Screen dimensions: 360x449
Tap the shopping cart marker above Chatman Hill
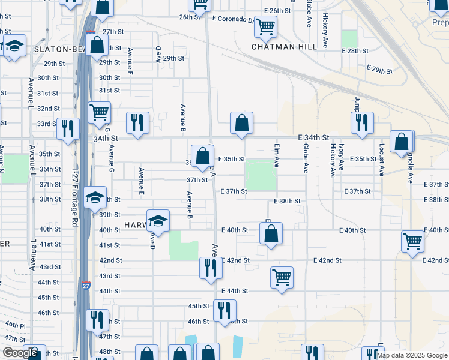[x=265, y=27]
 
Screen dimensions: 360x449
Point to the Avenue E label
[x=142, y=181]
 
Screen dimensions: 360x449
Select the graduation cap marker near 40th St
[x=158, y=221]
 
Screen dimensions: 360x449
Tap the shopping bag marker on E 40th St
[x=271, y=233]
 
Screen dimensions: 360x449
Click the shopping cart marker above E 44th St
[x=282, y=278]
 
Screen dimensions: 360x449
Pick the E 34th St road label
[x=313, y=139]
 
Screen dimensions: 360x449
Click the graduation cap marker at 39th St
[x=95, y=197]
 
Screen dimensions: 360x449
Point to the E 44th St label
[x=234, y=291]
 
